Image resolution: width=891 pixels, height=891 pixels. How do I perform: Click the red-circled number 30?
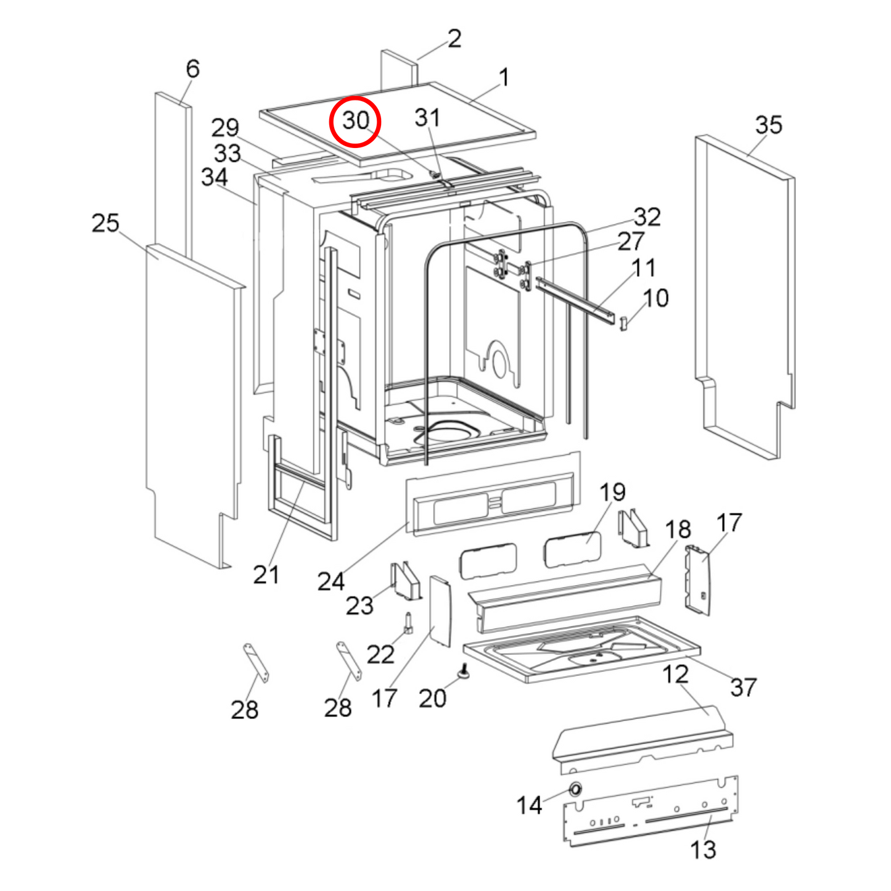355,121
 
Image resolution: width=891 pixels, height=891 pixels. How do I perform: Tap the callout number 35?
768,125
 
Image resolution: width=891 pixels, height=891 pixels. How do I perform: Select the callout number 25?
105,223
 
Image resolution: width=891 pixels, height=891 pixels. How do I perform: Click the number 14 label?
529,805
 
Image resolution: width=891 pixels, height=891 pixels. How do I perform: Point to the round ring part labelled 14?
575,789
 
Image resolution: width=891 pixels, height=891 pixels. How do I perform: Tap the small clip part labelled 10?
623,322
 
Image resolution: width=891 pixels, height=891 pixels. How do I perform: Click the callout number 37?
743,687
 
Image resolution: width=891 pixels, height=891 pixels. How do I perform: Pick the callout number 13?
703,850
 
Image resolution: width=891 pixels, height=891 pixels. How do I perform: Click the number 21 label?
266,575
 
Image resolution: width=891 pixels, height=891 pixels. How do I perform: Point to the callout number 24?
331,581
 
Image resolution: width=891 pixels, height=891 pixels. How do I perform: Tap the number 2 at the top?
454,39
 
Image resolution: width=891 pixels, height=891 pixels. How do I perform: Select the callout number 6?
192,68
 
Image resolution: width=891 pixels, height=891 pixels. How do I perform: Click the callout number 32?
647,217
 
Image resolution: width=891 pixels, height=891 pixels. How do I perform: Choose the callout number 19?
612,492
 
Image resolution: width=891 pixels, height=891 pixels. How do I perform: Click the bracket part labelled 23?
406,581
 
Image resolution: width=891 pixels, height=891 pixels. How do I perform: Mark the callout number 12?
675,674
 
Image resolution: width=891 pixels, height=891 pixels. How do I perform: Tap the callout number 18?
678,530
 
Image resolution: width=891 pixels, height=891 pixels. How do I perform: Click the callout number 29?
225,128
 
